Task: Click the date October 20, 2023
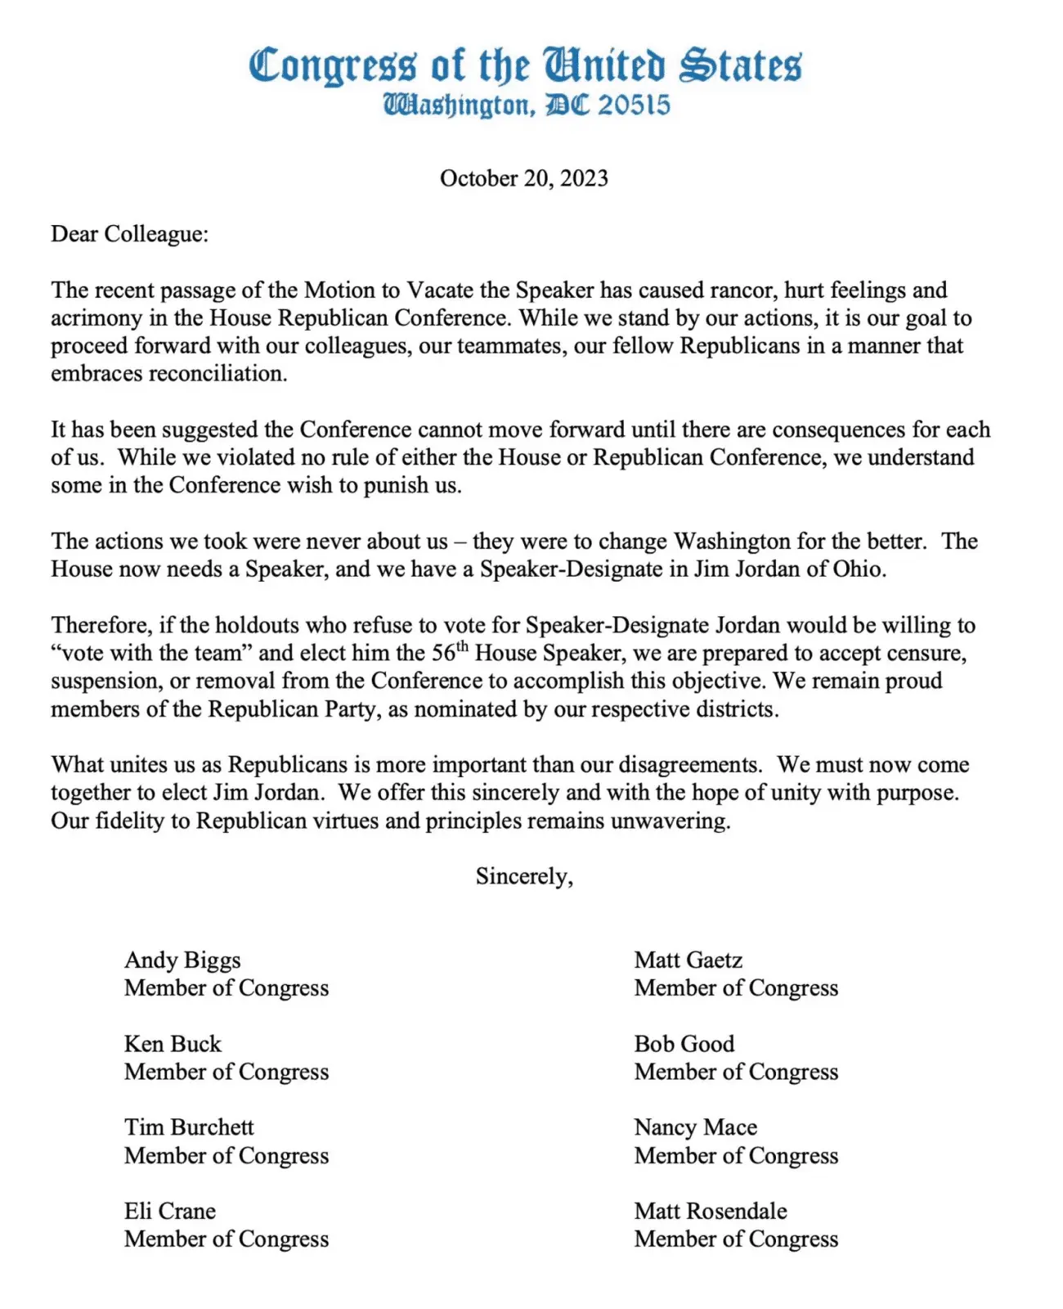point(523,178)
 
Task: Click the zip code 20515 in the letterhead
point(634,106)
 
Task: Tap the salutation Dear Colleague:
point(129,234)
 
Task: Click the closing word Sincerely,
point(524,876)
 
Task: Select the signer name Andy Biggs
point(182,960)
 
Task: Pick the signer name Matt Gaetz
point(688,960)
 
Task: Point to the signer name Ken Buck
point(173,1044)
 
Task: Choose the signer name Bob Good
point(684,1044)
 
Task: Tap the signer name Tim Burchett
point(189,1127)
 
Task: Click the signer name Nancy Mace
point(695,1127)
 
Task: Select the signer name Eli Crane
point(170,1211)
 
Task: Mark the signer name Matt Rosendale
point(710,1211)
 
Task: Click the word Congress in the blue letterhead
point(332,65)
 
